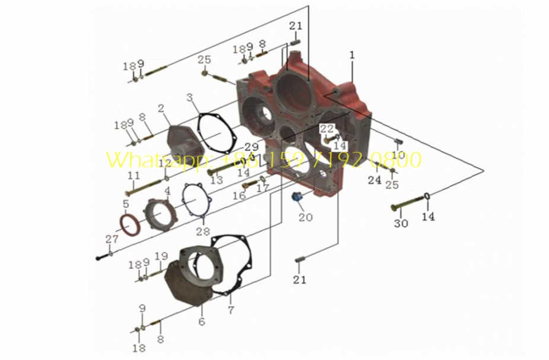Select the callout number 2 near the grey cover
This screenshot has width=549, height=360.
click(x=160, y=108)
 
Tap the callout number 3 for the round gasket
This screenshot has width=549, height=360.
click(x=189, y=97)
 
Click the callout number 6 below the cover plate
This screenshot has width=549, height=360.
click(x=202, y=321)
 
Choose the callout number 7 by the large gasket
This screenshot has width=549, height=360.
click(x=231, y=310)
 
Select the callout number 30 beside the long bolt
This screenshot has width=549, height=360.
click(x=401, y=224)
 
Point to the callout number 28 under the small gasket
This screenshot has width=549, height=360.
click(x=203, y=231)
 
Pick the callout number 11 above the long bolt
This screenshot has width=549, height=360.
click(x=133, y=176)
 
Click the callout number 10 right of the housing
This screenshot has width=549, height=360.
click(x=397, y=155)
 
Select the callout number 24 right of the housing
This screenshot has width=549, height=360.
click(x=374, y=180)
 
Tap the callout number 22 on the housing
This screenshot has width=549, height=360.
click(x=327, y=129)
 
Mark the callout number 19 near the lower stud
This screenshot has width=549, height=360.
click(x=161, y=256)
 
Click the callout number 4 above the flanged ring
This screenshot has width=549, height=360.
click(x=167, y=191)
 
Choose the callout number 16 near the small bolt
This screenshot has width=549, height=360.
click(x=239, y=195)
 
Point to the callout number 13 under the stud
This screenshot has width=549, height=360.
click(x=216, y=180)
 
